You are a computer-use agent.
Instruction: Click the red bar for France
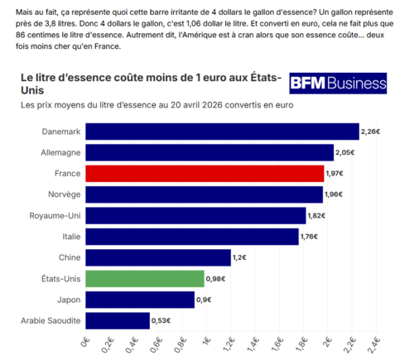pos(205,174)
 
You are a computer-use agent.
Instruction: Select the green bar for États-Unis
pos(145,279)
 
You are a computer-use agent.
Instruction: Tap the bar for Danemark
pos(222,132)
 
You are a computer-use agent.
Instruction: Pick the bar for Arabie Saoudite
pos(118,320)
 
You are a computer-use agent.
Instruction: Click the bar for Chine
pos(158,257)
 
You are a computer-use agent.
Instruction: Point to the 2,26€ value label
pos(370,132)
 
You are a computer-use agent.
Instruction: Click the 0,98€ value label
pos(215,279)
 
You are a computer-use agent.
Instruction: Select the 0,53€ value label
pos(161,320)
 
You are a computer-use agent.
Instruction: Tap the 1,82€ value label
pos(316,215)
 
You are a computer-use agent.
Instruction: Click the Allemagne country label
pos(60,152)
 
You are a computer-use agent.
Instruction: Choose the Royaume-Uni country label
pos(55,215)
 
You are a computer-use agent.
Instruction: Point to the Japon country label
pos(69,300)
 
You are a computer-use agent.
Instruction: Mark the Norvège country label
pos(65,194)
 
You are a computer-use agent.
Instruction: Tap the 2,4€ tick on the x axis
pos(374,345)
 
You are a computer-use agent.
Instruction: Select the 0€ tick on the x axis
pos(85,342)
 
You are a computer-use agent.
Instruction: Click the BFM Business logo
pos(338,84)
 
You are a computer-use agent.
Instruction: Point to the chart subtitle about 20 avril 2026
pos(157,105)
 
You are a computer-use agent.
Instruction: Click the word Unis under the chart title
pos(32,90)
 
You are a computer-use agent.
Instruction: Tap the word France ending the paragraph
pos(107,46)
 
